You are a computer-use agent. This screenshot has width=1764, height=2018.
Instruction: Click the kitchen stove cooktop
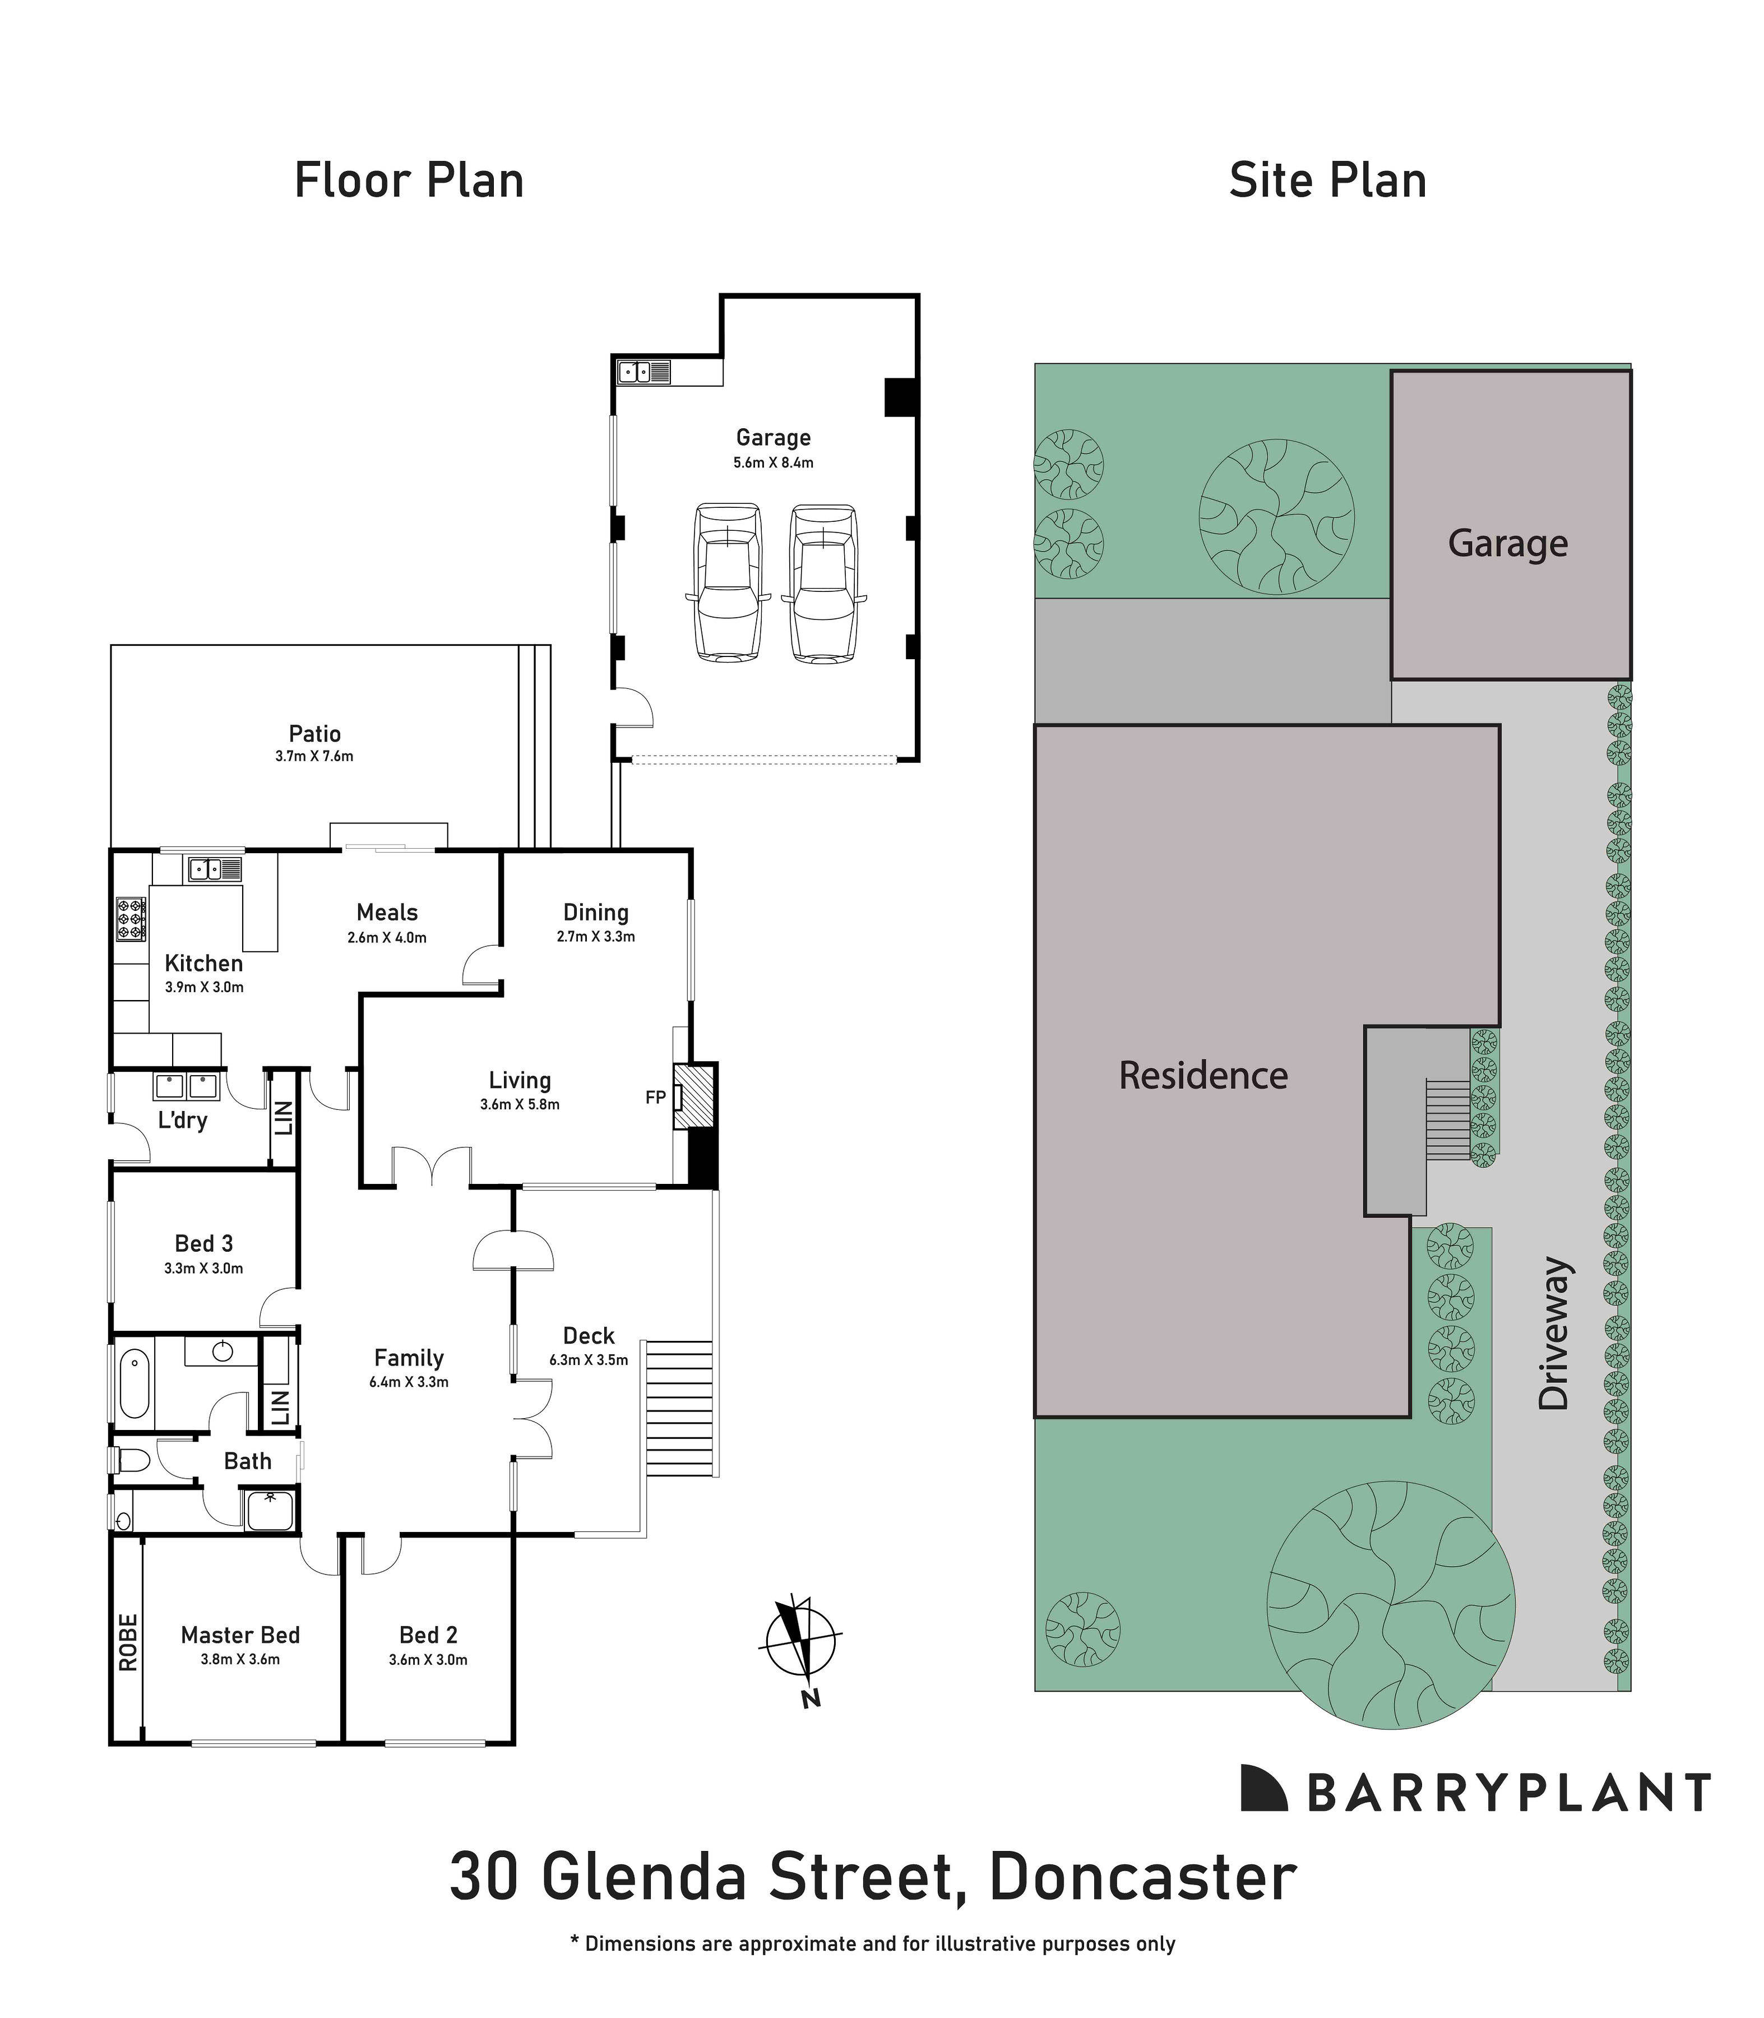[131, 918]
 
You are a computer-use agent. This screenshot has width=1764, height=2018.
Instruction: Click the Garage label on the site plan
[1507, 543]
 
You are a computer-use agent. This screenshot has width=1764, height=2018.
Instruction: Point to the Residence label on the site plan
[1203, 1075]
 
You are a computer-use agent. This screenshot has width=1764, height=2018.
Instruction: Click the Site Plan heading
[1327, 181]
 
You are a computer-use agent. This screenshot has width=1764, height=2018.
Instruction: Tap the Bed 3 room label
[204, 1243]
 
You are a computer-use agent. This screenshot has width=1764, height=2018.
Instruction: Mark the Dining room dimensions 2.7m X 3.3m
[595, 936]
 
